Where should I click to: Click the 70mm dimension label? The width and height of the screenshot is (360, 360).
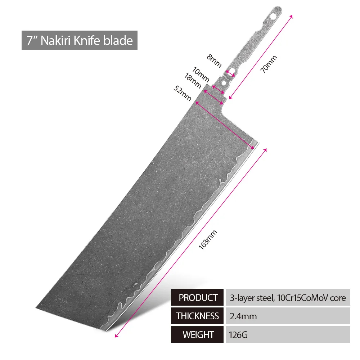[x=269, y=64]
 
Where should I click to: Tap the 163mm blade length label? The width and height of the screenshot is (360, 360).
[x=208, y=240]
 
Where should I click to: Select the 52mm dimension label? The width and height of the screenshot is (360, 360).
[x=182, y=93]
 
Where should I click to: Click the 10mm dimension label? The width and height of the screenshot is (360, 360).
[x=201, y=75]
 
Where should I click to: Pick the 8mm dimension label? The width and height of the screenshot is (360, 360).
[x=214, y=61]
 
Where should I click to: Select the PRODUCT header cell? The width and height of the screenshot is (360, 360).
[x=197, y=298]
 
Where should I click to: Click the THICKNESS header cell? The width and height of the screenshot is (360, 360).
[x=197, y=316]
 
